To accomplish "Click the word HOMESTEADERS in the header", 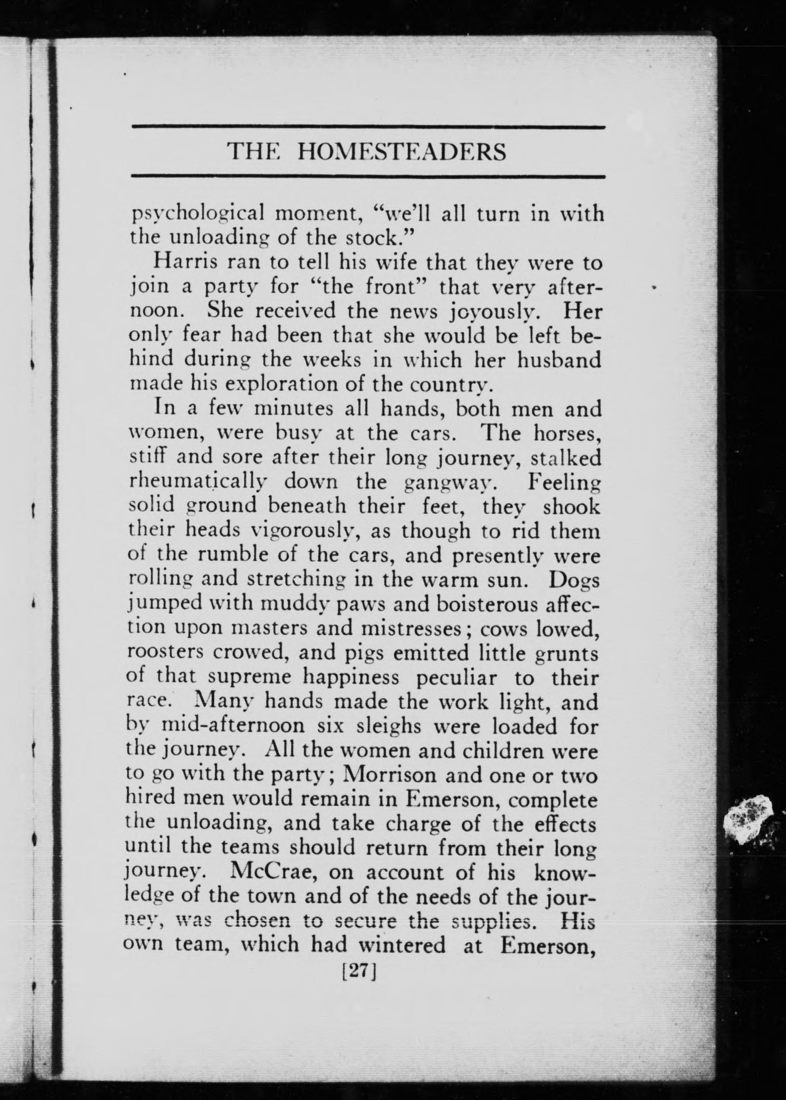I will pos(401,152).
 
